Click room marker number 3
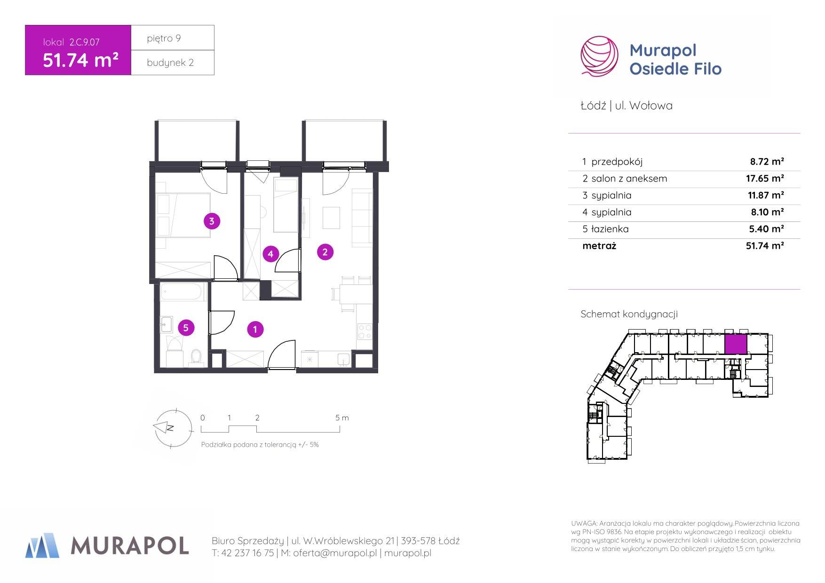[212, 221]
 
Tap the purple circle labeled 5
[186, 328]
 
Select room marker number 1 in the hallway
[255, 330]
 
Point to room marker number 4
[270, 254]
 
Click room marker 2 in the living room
[325, 252]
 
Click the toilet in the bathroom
[195, 357]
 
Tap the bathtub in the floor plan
[183, 291]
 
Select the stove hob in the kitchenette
[365, 331]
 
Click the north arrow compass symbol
[173, 427]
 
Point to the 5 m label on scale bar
[342, 418]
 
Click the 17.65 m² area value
[765, 179]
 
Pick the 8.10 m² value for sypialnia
[767, 212]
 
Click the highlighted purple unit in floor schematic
[735, 344]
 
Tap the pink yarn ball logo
[599, 56]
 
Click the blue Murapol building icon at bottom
[42, 545]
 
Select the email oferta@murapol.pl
[335, 553]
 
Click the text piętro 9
[164, 38]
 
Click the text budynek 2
[170, 63]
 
